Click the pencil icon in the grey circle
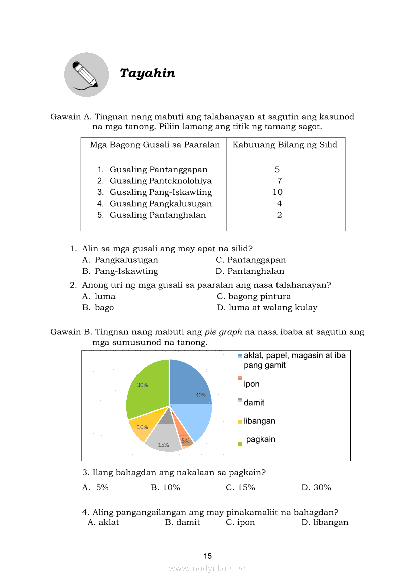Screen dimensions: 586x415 tap(86, 75)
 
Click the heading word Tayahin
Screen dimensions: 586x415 tap(148, 73)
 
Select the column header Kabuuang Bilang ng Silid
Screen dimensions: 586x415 tap(285, 145)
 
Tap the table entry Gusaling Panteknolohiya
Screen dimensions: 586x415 tap(161, 181)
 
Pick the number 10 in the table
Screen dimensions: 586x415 tap(278, 192)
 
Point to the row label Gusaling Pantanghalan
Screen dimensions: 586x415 tap(158, 215)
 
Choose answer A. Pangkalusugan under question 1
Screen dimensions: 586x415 tap(120, 260)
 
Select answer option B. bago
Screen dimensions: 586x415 tap(98, 307)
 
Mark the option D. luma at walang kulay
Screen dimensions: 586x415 tap(267, 307)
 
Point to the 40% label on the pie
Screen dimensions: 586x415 tap(201, 395)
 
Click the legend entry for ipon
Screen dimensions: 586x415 tap(251, 384)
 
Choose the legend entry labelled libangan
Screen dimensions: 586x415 tap(259, 421)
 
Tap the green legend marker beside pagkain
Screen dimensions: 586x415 tap(240, 443)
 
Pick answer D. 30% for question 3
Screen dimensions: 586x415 tap(316, 487)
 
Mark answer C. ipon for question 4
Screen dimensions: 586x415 tap(241, 522)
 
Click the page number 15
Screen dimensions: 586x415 tap(208, 556)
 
